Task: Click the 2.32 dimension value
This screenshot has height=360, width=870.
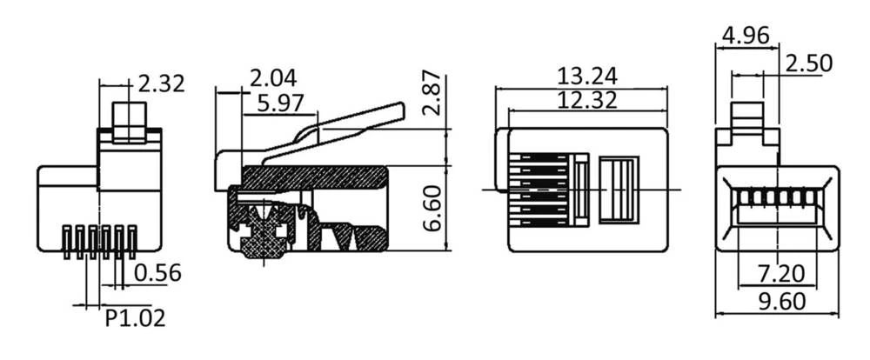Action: point(162,84)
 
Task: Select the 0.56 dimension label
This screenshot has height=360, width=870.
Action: point(157,273)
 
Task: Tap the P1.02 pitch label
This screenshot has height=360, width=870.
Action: point(135,318)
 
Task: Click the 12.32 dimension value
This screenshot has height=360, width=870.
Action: point(587,100)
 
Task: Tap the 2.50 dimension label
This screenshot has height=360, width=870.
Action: point(809,63)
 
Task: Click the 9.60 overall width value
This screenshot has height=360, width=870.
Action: point(777,302)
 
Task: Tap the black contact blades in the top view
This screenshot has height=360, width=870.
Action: point(539,189)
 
